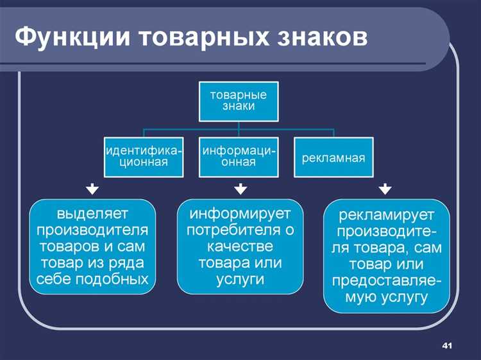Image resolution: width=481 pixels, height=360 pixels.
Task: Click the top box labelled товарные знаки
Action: [238, 100]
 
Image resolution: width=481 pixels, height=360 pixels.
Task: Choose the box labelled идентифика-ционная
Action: [143, 156]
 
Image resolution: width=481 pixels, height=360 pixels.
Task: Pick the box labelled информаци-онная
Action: [239, 156]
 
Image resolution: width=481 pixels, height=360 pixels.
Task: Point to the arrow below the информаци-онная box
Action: [240, 189]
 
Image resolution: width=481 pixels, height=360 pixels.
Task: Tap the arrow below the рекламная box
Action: [384, 189]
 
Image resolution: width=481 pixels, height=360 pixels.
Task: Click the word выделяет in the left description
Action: [93, 212]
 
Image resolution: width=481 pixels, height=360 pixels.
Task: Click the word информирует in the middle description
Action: [240, 212]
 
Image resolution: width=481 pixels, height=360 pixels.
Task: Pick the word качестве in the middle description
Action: [240, 246]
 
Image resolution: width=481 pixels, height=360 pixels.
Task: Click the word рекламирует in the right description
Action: [387, 214]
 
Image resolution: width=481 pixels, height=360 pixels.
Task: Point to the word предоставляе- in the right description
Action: [387, 280]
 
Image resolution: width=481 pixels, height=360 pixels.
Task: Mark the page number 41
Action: [448, 347]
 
